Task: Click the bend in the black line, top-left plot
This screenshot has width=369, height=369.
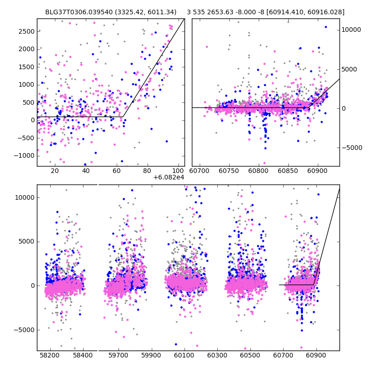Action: (123, 117)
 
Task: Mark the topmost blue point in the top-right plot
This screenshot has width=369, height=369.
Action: (326, 27)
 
